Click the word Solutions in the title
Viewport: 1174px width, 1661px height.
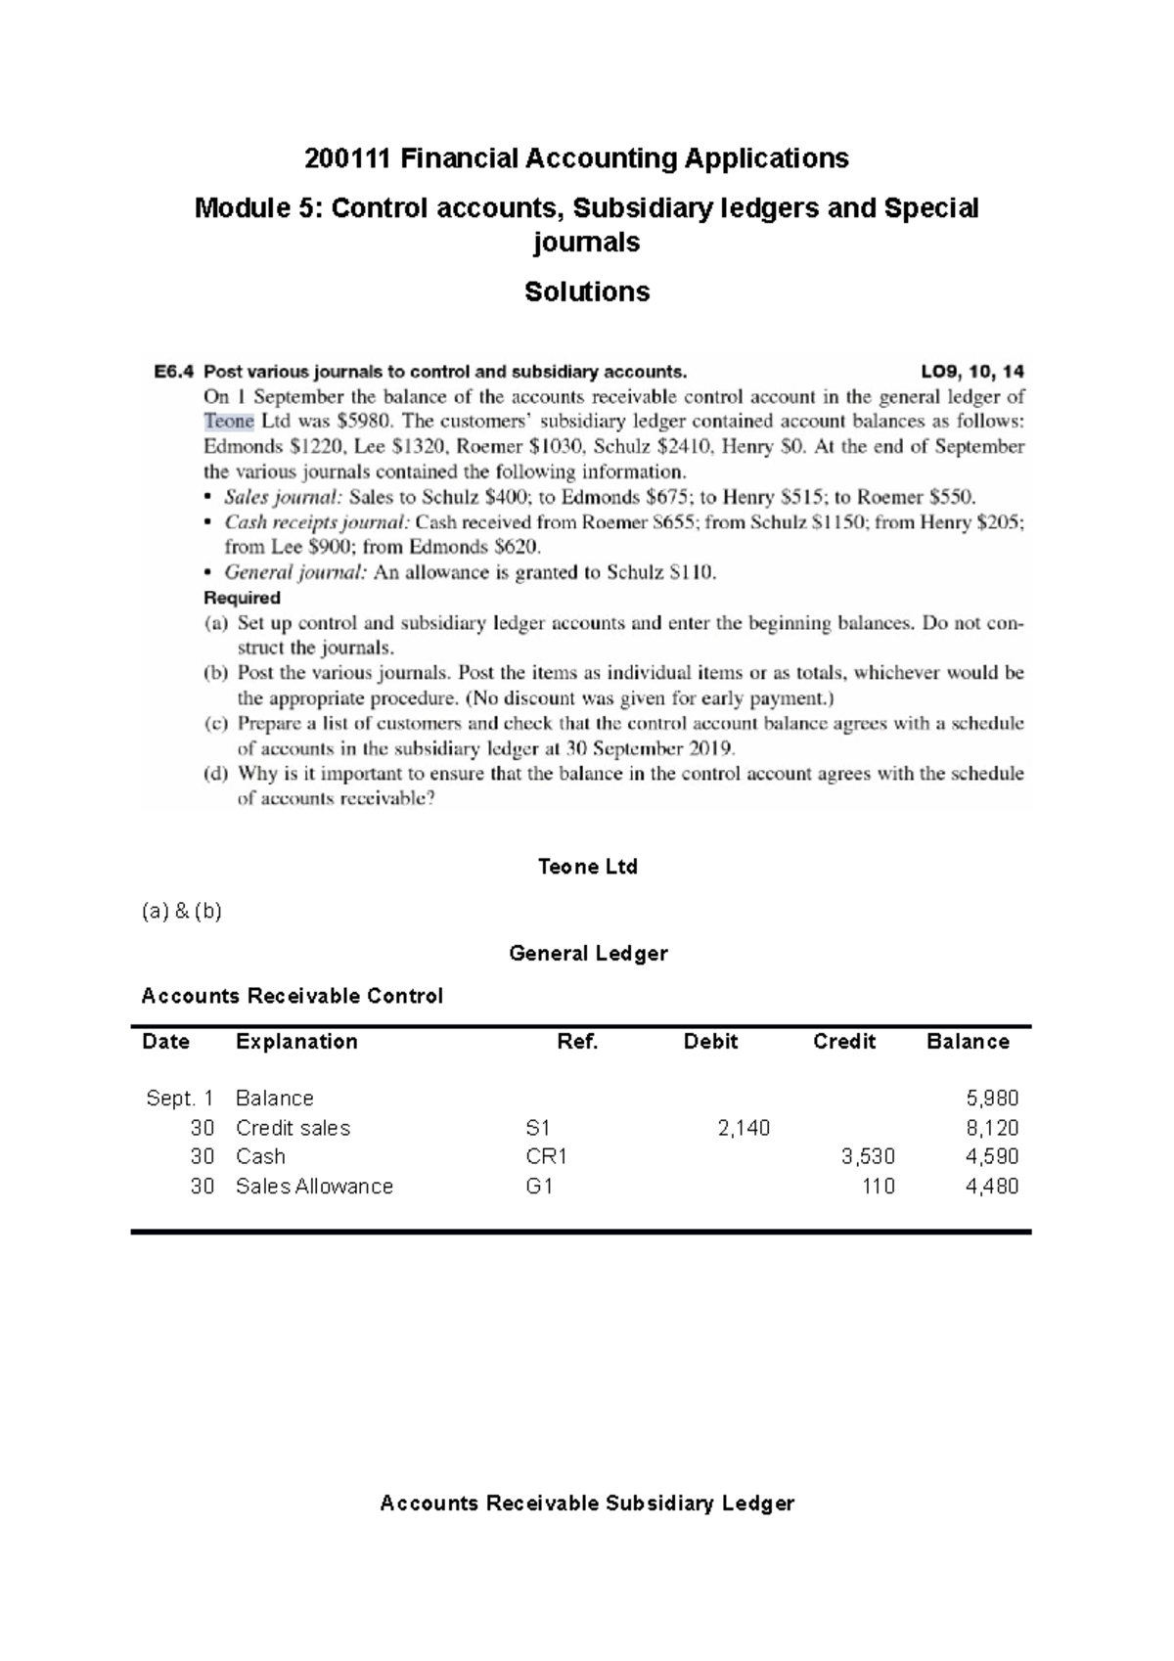click(587, 292)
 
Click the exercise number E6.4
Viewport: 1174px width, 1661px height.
click(174, 372)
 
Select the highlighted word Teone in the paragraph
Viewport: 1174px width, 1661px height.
click(229, 422)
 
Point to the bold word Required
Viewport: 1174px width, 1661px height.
click(242, 598)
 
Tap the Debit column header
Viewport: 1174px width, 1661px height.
click(710, 1042)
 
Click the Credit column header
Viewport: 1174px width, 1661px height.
click(843, 1042)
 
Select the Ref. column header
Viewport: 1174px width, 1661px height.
click(577, 1042)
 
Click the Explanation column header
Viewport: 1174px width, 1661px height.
click(296, 1042)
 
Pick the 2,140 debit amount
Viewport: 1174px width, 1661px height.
click(744, 1128)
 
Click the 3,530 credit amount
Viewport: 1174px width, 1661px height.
click(868, 1156)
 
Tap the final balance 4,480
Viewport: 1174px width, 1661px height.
click(992, 1187)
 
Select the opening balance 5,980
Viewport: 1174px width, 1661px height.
click(992, 1099)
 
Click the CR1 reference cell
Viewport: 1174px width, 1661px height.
click(547, 1156)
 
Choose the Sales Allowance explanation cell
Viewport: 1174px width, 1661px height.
click(314, 1187)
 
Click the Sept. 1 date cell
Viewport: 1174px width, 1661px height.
click(179, 1099)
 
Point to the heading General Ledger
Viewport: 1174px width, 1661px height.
click(588, 954)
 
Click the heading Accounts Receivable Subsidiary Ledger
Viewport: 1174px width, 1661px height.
click(587, 1504)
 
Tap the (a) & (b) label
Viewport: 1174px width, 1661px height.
click(182, 912)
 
